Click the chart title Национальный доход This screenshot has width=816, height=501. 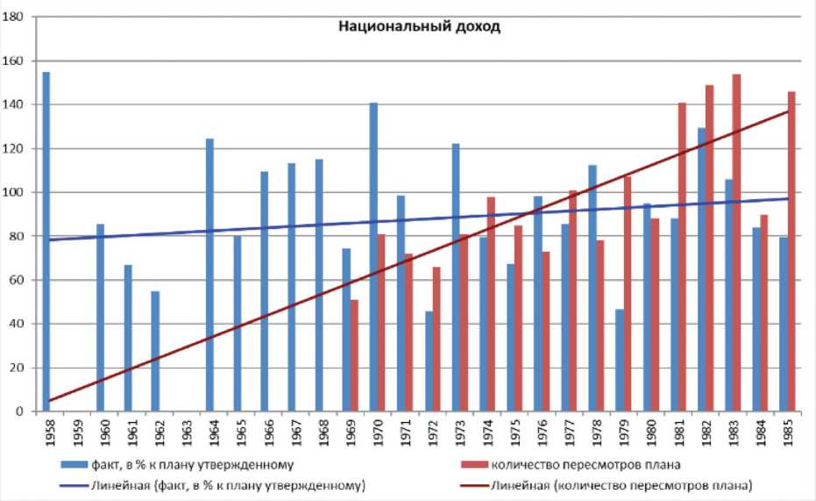(419, 26)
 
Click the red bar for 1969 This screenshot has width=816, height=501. (354, 355)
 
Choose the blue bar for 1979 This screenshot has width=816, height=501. (620, 360)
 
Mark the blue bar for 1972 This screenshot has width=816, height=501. (429, 361)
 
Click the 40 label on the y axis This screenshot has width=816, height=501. (17, 324)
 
